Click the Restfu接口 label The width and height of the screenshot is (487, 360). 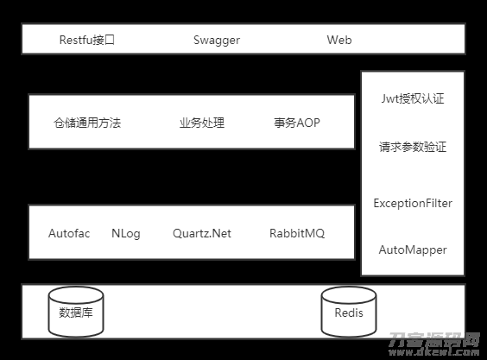coord(87,40)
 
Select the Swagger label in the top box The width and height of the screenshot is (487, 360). coord(217,41)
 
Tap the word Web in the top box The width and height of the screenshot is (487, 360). coord(339,40)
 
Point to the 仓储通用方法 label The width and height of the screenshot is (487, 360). coord(87,123)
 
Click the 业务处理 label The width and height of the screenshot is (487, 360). coord(202,123)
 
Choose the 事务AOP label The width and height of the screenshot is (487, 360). coord(297,123)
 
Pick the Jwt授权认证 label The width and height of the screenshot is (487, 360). coord(413,98)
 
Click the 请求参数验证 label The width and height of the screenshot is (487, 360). coord(413,147)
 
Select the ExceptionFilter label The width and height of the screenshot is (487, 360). coord(413,204)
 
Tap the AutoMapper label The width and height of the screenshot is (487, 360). coord(413,250)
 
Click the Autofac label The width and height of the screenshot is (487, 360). coord(69,233)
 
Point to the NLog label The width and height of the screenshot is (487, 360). coord(126,234)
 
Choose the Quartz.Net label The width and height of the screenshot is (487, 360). coord(202,234)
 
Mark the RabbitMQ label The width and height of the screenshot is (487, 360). coord(297,234)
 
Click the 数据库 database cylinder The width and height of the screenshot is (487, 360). coord(76,312)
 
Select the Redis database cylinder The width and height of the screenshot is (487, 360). coord(349,312)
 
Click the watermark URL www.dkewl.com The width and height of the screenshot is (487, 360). coord(434,352)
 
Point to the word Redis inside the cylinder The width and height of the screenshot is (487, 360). coord(349,313)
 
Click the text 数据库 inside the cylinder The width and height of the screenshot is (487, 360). coord(76,313)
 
